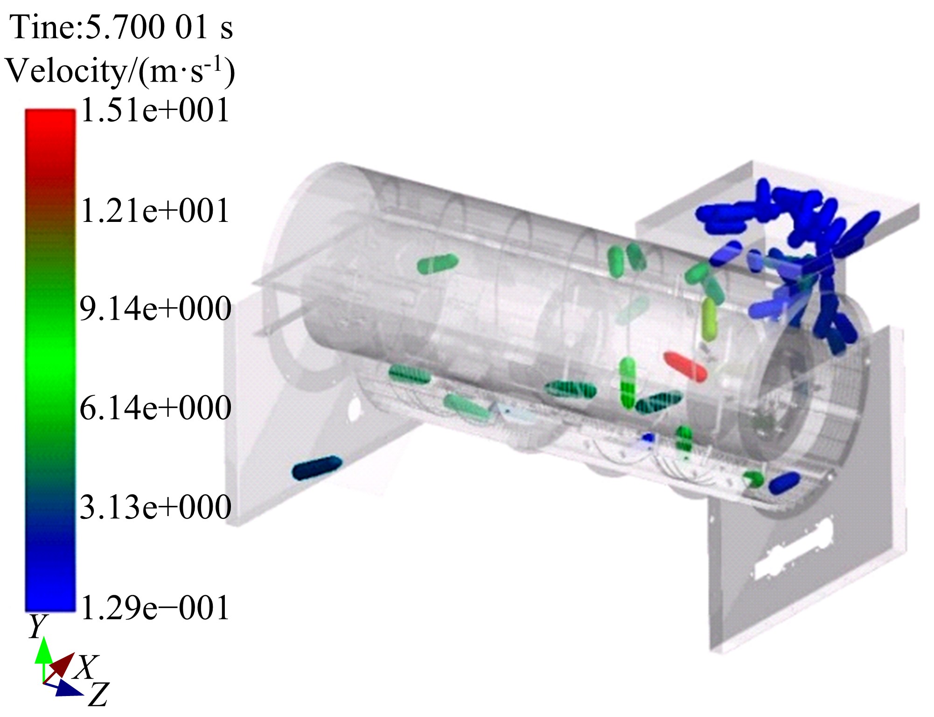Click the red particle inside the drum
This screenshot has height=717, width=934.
pyautogui.click(x=685, y=366)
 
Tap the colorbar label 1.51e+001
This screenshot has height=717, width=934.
pyautogui.click(x=155, y=110)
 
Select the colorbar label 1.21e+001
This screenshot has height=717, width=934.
pyautogui.click(x=155, y=210)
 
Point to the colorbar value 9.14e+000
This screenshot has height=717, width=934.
pyautogui.click(x=155, y=309)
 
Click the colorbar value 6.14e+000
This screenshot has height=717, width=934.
pyautogui.click(x=155, y=408)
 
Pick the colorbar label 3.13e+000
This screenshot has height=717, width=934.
pyautogui.click(x=155, y=507)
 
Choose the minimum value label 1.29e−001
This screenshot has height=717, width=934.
pyautogui.click(x=155, y=608)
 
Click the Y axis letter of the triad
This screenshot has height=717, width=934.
pyautogui.click(x=38, y=627)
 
